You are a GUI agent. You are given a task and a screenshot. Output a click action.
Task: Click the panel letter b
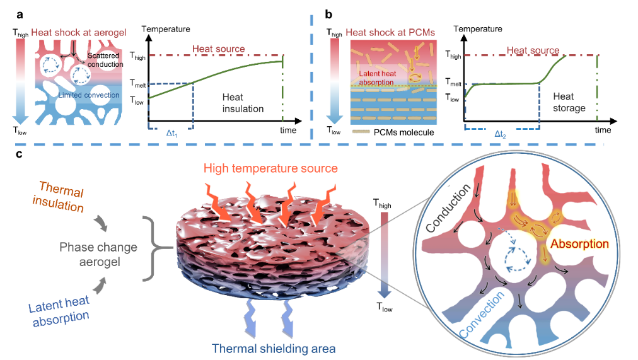(x=326, y=12)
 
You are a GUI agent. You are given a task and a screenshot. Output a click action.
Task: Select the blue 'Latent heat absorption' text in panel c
(x=60, y=309)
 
